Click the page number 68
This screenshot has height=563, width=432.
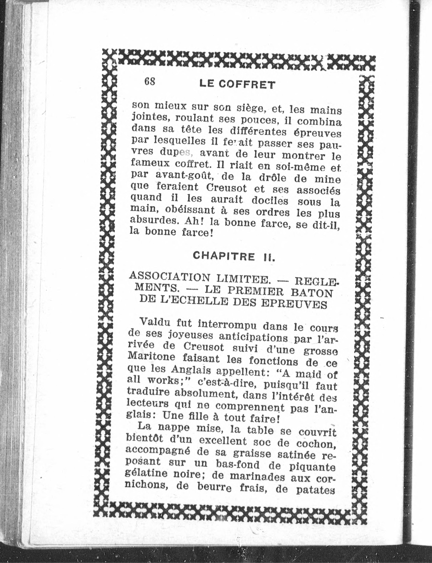click(150, 82)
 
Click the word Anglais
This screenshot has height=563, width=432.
click(191, 370)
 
